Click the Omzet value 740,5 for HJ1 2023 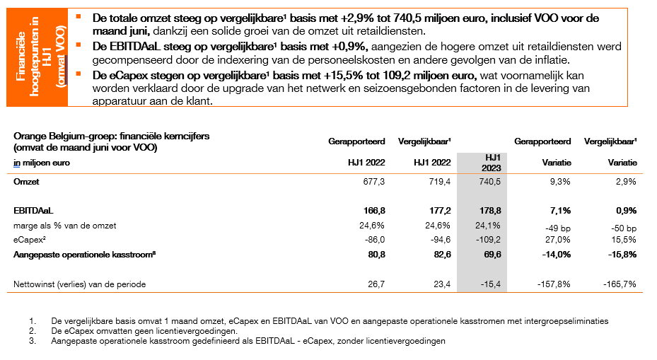click(490, 182)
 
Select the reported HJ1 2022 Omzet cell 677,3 click(373, 182)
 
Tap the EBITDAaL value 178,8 click(490, 211)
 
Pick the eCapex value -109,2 click(489, 240)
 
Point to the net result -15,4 click(491, 284)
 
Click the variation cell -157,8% click(554, 284)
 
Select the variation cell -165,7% click(620, 284)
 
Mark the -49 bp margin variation click(558, 228)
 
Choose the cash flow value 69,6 click(493, 255)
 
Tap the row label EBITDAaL click(33, 211)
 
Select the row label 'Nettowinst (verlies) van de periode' click(80, 284)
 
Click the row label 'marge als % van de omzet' click(65, 226)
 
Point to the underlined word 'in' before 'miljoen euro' click(17, 163)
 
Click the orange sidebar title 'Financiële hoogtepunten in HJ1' click(34, 57)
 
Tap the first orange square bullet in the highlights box click(79, 16)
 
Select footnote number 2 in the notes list click(33, 331)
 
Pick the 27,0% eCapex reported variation click(558, 240)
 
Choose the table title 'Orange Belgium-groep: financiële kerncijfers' click(112, 137)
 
